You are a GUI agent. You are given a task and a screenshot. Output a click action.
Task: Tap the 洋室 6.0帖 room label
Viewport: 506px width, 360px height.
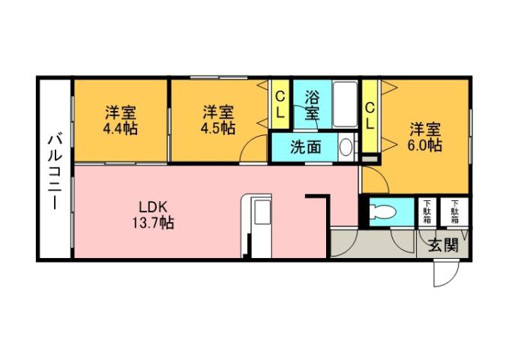pos(424,136)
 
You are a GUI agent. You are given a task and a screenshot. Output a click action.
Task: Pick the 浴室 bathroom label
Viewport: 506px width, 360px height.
pos(312,105)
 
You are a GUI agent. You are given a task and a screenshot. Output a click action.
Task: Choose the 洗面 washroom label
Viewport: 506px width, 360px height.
pos(306,146)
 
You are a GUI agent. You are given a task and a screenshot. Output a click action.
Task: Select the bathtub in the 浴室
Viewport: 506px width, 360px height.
pos(346,105)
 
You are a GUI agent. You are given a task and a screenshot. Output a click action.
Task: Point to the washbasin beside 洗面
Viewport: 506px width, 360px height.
pos(345,147)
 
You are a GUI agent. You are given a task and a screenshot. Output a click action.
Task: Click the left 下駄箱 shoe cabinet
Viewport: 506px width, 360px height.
pos(427,212)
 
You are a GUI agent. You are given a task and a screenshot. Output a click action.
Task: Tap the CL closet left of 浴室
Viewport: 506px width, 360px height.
pos(280,106)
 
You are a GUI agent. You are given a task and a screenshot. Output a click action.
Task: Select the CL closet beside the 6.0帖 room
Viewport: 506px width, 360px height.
pos(370,116)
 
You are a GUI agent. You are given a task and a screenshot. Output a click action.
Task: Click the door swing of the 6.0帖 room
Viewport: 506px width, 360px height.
pos(374,177)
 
